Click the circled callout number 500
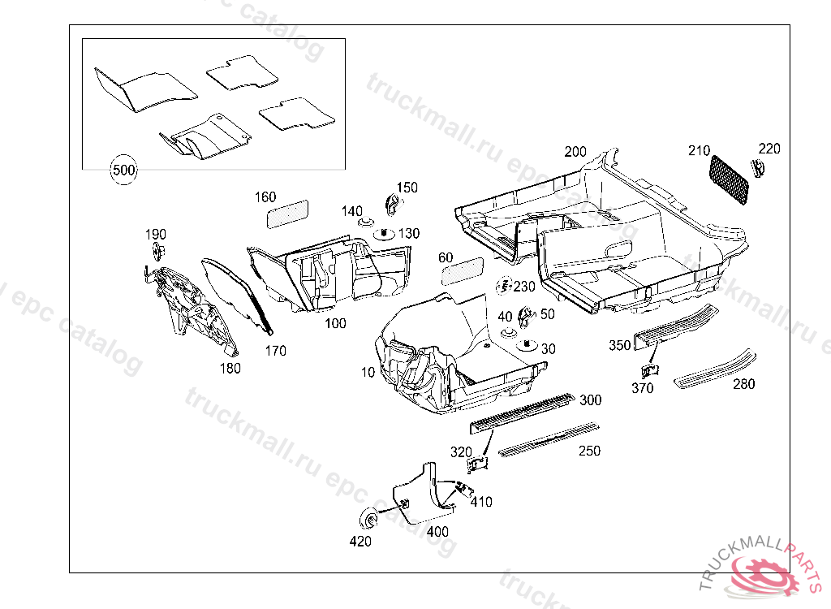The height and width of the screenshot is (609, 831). point(123,171)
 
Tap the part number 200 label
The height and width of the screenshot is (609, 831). point(575,153)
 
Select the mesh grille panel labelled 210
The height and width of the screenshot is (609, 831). point(730,180)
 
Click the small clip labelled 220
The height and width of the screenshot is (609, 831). point(759,168)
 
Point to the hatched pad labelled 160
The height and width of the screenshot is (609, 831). point(288,213)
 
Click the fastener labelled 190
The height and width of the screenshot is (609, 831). point(156,251)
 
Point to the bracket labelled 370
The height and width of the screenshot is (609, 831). point(649,370)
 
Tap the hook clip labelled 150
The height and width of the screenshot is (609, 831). point(392,203)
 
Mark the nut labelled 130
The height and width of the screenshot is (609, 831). point(382,233)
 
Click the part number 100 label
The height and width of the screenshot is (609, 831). point(335,323)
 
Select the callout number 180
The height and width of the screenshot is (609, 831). point(230,368)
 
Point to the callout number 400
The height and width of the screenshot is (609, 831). point(437,532)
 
